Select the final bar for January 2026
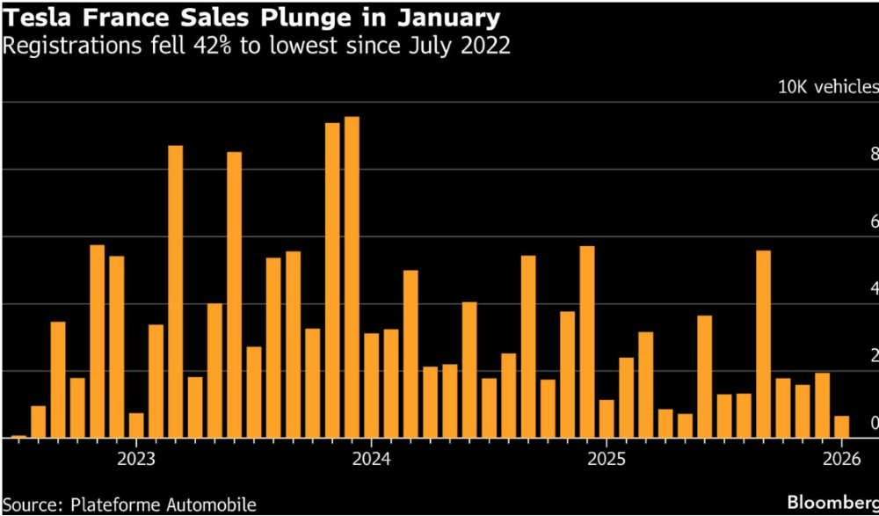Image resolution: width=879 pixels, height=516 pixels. point(841,426)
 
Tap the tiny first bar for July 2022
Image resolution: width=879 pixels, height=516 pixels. point(18,435)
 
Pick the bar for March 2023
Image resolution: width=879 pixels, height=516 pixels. point(176,291)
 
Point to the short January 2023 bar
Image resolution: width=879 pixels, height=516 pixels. point(136,425)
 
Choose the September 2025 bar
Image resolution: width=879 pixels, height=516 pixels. point(763,344)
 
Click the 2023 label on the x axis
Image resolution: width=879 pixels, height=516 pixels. point(136,459)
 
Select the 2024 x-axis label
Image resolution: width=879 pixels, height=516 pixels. point(371,459)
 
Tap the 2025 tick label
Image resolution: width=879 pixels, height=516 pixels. point(607,459)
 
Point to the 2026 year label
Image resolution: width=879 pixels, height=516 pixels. point(841,459)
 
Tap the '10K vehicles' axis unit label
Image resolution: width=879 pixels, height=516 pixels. point(827,87)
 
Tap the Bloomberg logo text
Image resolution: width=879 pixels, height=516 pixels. point(832,503)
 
